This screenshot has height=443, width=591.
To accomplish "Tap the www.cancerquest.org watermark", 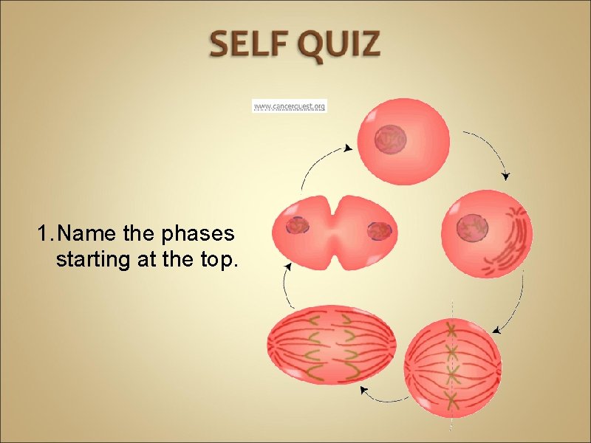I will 289,106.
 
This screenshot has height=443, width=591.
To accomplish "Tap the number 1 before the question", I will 44,235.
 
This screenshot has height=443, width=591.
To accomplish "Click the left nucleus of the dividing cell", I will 298,226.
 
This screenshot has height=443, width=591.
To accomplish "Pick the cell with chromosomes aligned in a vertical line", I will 453,365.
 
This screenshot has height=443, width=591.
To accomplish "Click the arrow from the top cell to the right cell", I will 491,151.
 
